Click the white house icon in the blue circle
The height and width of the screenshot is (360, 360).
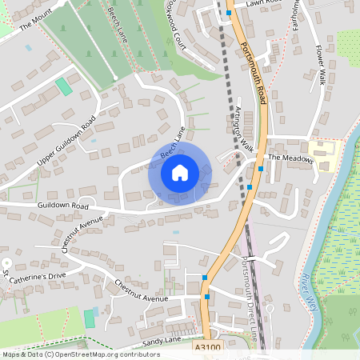pos(179,172)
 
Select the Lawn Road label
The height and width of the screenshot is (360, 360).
pos(264,3)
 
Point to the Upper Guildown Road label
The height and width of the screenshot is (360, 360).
pos(66,142)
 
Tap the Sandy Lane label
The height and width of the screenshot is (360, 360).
pos(163,342)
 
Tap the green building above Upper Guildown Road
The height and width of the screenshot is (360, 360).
pos(63,86)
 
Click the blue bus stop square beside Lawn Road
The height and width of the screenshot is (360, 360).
pos(229,14)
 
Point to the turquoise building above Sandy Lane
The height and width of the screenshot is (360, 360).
pos(90,318)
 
